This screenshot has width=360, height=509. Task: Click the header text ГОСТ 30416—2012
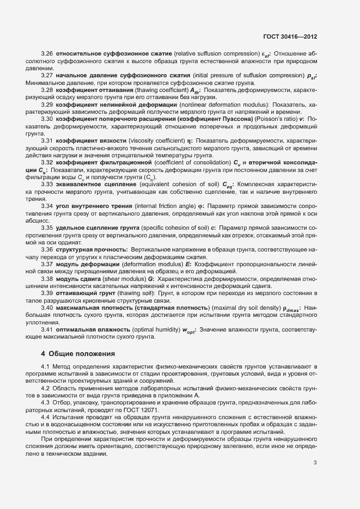tap(290, 37)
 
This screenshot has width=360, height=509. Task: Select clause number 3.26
tap(46, 54)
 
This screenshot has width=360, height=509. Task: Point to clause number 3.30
tap(46, 119)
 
